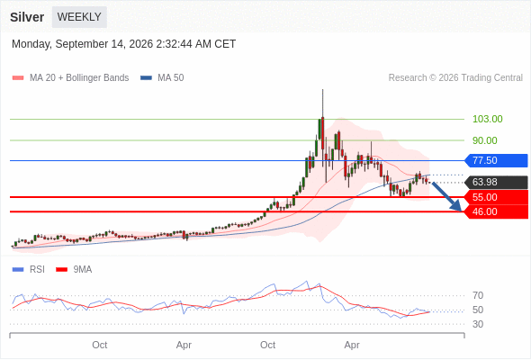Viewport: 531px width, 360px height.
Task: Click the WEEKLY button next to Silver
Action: click(79, 17)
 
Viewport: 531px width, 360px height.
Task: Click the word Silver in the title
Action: click(27, 17)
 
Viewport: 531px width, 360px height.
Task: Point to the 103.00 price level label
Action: click(487, 119)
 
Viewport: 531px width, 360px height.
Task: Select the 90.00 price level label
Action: click(484, 140)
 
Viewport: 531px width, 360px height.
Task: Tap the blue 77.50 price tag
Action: click(496, 160)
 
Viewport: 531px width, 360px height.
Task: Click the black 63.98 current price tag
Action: click(496, 182)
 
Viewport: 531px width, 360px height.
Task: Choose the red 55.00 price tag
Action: click(496, 197)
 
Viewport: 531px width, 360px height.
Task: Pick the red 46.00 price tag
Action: click(496, 212)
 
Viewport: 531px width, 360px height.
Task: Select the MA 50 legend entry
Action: click(162, 78)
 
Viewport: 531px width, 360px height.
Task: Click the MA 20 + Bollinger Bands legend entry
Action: click(70, 78)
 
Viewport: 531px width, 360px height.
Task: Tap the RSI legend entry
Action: click(29, 270)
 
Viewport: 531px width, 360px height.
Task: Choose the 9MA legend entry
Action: click(74, 270)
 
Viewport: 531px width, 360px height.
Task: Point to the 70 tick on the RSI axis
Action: click(478, 296)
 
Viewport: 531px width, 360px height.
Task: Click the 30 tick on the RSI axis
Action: click(478, 324)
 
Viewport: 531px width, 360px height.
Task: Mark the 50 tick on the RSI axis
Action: click(478, 310)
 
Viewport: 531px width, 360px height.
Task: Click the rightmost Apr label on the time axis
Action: click(352, 345)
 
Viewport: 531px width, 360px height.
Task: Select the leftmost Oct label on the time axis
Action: click(100, 345)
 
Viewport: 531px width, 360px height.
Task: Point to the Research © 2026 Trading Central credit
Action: click(455, 78)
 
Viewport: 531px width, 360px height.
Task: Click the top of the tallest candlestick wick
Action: click(323, 89)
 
